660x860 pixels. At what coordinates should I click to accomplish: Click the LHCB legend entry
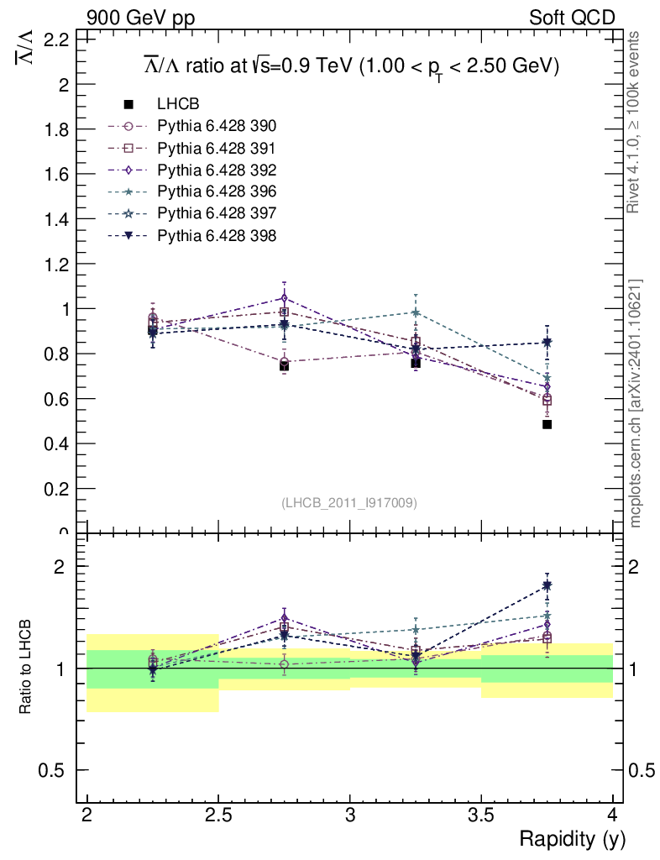[x=177, y=104]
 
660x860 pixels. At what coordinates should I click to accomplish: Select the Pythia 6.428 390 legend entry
[x=217, y=126]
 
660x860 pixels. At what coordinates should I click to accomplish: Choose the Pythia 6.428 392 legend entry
[x=217, y=170]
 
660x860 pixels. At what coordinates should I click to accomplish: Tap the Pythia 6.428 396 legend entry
[x=217, y=191]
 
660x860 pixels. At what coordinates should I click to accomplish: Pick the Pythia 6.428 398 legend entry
[x=217, y=235]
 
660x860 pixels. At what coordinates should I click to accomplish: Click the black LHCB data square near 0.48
[x=547, y=424]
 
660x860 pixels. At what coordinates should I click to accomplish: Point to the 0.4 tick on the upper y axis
[x=60, y=443]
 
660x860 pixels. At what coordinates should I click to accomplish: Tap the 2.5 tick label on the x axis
[x=218, y=815]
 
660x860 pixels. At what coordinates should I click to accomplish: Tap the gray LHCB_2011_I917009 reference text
[x=349, y=502]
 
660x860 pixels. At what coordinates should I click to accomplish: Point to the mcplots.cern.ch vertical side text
[x=635, y=403]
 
